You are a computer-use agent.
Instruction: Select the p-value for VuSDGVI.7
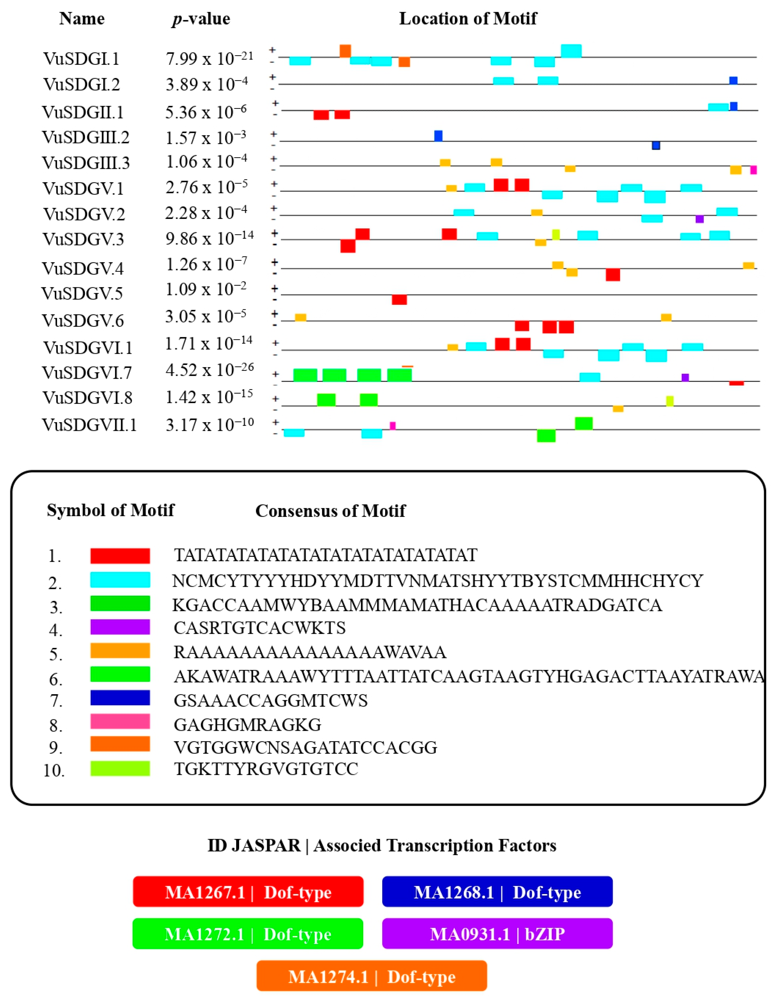[x=209, y=370]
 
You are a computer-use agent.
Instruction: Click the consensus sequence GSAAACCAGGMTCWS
[x=270, y=700]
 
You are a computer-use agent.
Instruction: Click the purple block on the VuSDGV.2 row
[x=699, y=219]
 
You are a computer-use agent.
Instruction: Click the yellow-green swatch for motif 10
[x=120, y=768]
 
